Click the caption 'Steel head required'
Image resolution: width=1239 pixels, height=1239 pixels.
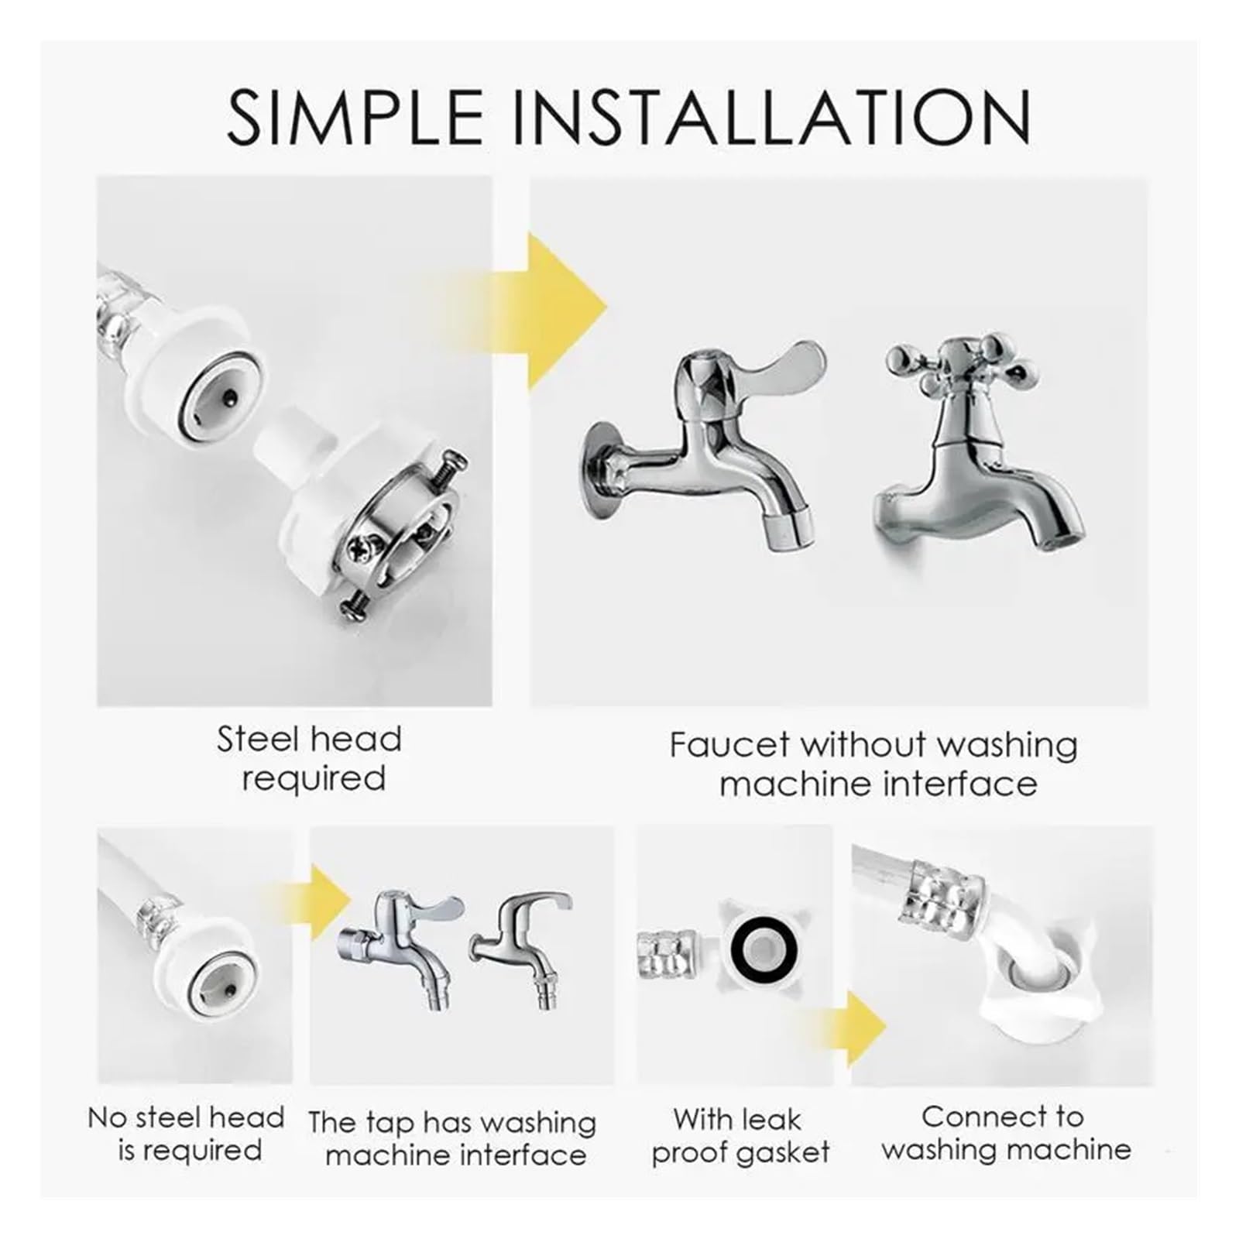(x=310, y=758)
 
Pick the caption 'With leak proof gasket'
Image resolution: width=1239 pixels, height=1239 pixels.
(x=740, y=1135)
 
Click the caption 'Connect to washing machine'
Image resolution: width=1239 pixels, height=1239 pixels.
(x=1005, y=1132)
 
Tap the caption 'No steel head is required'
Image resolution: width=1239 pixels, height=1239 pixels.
(x=187, y=1134)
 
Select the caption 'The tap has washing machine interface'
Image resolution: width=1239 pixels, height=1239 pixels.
(x=452, y=1138)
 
